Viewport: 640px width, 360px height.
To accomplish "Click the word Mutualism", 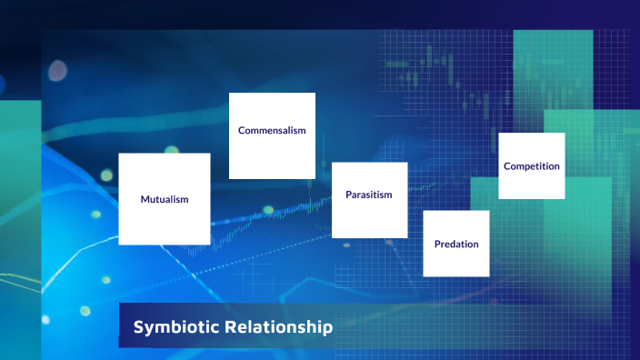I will point(165,199).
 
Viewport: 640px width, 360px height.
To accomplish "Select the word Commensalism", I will point(272,130).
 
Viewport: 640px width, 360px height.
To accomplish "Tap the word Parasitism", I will point(368,195).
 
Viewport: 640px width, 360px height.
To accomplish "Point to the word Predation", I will point(456,244).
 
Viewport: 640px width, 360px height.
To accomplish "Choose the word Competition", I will point(532,166).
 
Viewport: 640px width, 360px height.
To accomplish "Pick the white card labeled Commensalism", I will point(272,155).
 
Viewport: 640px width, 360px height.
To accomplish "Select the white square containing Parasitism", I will point(369,218).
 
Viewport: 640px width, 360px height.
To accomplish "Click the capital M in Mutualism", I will point(145,199).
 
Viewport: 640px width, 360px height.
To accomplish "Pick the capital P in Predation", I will point(437,244).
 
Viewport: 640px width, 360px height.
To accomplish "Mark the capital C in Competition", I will point(507,166).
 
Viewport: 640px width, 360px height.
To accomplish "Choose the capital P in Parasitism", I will point(348,195).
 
